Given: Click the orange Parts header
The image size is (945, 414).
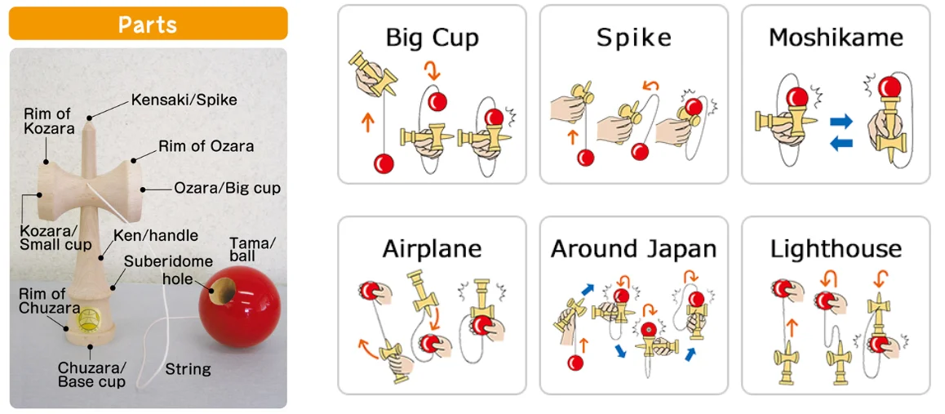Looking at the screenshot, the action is [148, 24].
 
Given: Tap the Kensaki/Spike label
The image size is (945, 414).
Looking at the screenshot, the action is [184, 100].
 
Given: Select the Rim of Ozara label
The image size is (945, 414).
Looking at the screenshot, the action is [206, 147].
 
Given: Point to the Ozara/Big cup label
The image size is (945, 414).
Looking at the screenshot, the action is [227, 189].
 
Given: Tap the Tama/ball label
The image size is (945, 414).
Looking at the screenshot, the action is [253, 251].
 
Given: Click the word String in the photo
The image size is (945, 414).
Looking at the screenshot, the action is [189, 369].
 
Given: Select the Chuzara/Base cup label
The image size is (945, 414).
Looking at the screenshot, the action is [91, 374].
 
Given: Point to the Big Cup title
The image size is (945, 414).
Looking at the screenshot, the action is [432, 38].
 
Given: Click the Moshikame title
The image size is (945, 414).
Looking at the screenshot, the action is [836, 38].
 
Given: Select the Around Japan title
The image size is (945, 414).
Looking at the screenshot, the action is [633, 249].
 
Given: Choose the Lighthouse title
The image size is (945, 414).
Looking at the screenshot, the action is [836, 249].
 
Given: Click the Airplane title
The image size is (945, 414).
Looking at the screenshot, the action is [432, 249].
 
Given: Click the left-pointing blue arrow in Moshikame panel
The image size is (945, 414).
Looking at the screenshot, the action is [841, 143].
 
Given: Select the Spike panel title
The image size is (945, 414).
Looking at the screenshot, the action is [633, 38].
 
